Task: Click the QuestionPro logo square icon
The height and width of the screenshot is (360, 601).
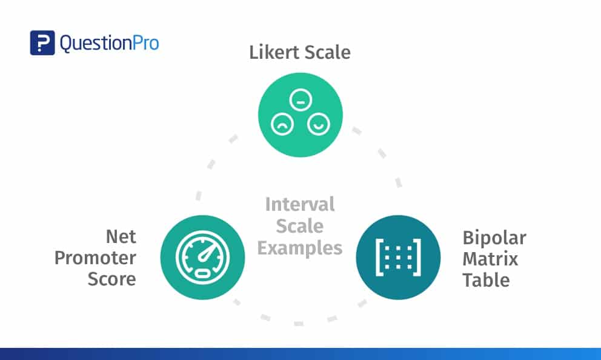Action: pos(42,42)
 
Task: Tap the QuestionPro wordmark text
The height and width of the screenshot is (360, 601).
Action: pos(109,43)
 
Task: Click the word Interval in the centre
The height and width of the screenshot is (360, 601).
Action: pos(300,204)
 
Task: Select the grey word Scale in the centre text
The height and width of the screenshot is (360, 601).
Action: pos(300,226)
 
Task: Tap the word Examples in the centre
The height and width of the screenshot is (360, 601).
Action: pos(300,248)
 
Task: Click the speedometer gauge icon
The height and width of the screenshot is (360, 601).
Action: pos(202,258)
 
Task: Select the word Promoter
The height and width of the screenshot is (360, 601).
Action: pos(95,258)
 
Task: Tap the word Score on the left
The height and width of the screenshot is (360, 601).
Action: pos(112,279)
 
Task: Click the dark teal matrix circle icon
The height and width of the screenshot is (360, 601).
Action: pos(397,258)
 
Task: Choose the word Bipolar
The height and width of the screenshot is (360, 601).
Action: pos(494,237)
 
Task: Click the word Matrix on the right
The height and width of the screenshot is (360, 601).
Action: pos(490,259)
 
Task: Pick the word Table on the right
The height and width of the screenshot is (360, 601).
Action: pos(486,280)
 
